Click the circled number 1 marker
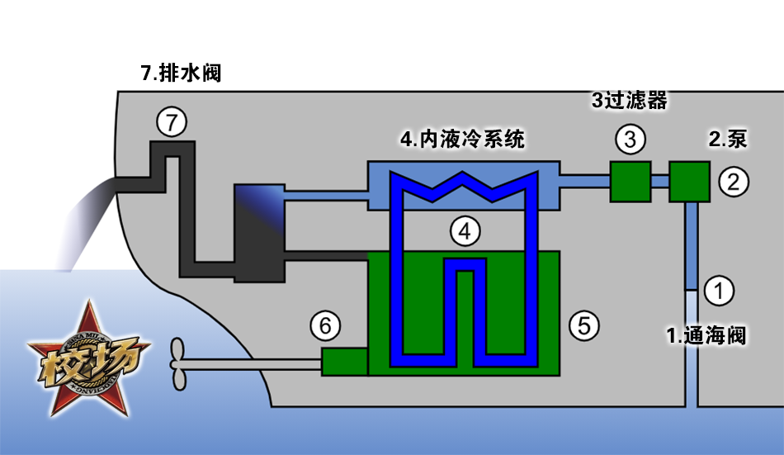[x=718, y=290]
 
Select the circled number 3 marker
[x=630, y=140]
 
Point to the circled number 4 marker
[x=465, y=232]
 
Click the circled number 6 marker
[x=325, y=327]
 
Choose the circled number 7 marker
[x=171, y=124]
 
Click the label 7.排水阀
[x=182, y=73]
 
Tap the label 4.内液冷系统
[x=462, y=139]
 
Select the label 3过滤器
[x=629, y=101]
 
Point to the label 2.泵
[x=727, y=139]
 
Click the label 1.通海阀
[x=706, y=336]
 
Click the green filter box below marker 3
[x=630, y=182]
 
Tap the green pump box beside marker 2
[x=689, y=182]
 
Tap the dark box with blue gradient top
[x=258, y=232]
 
